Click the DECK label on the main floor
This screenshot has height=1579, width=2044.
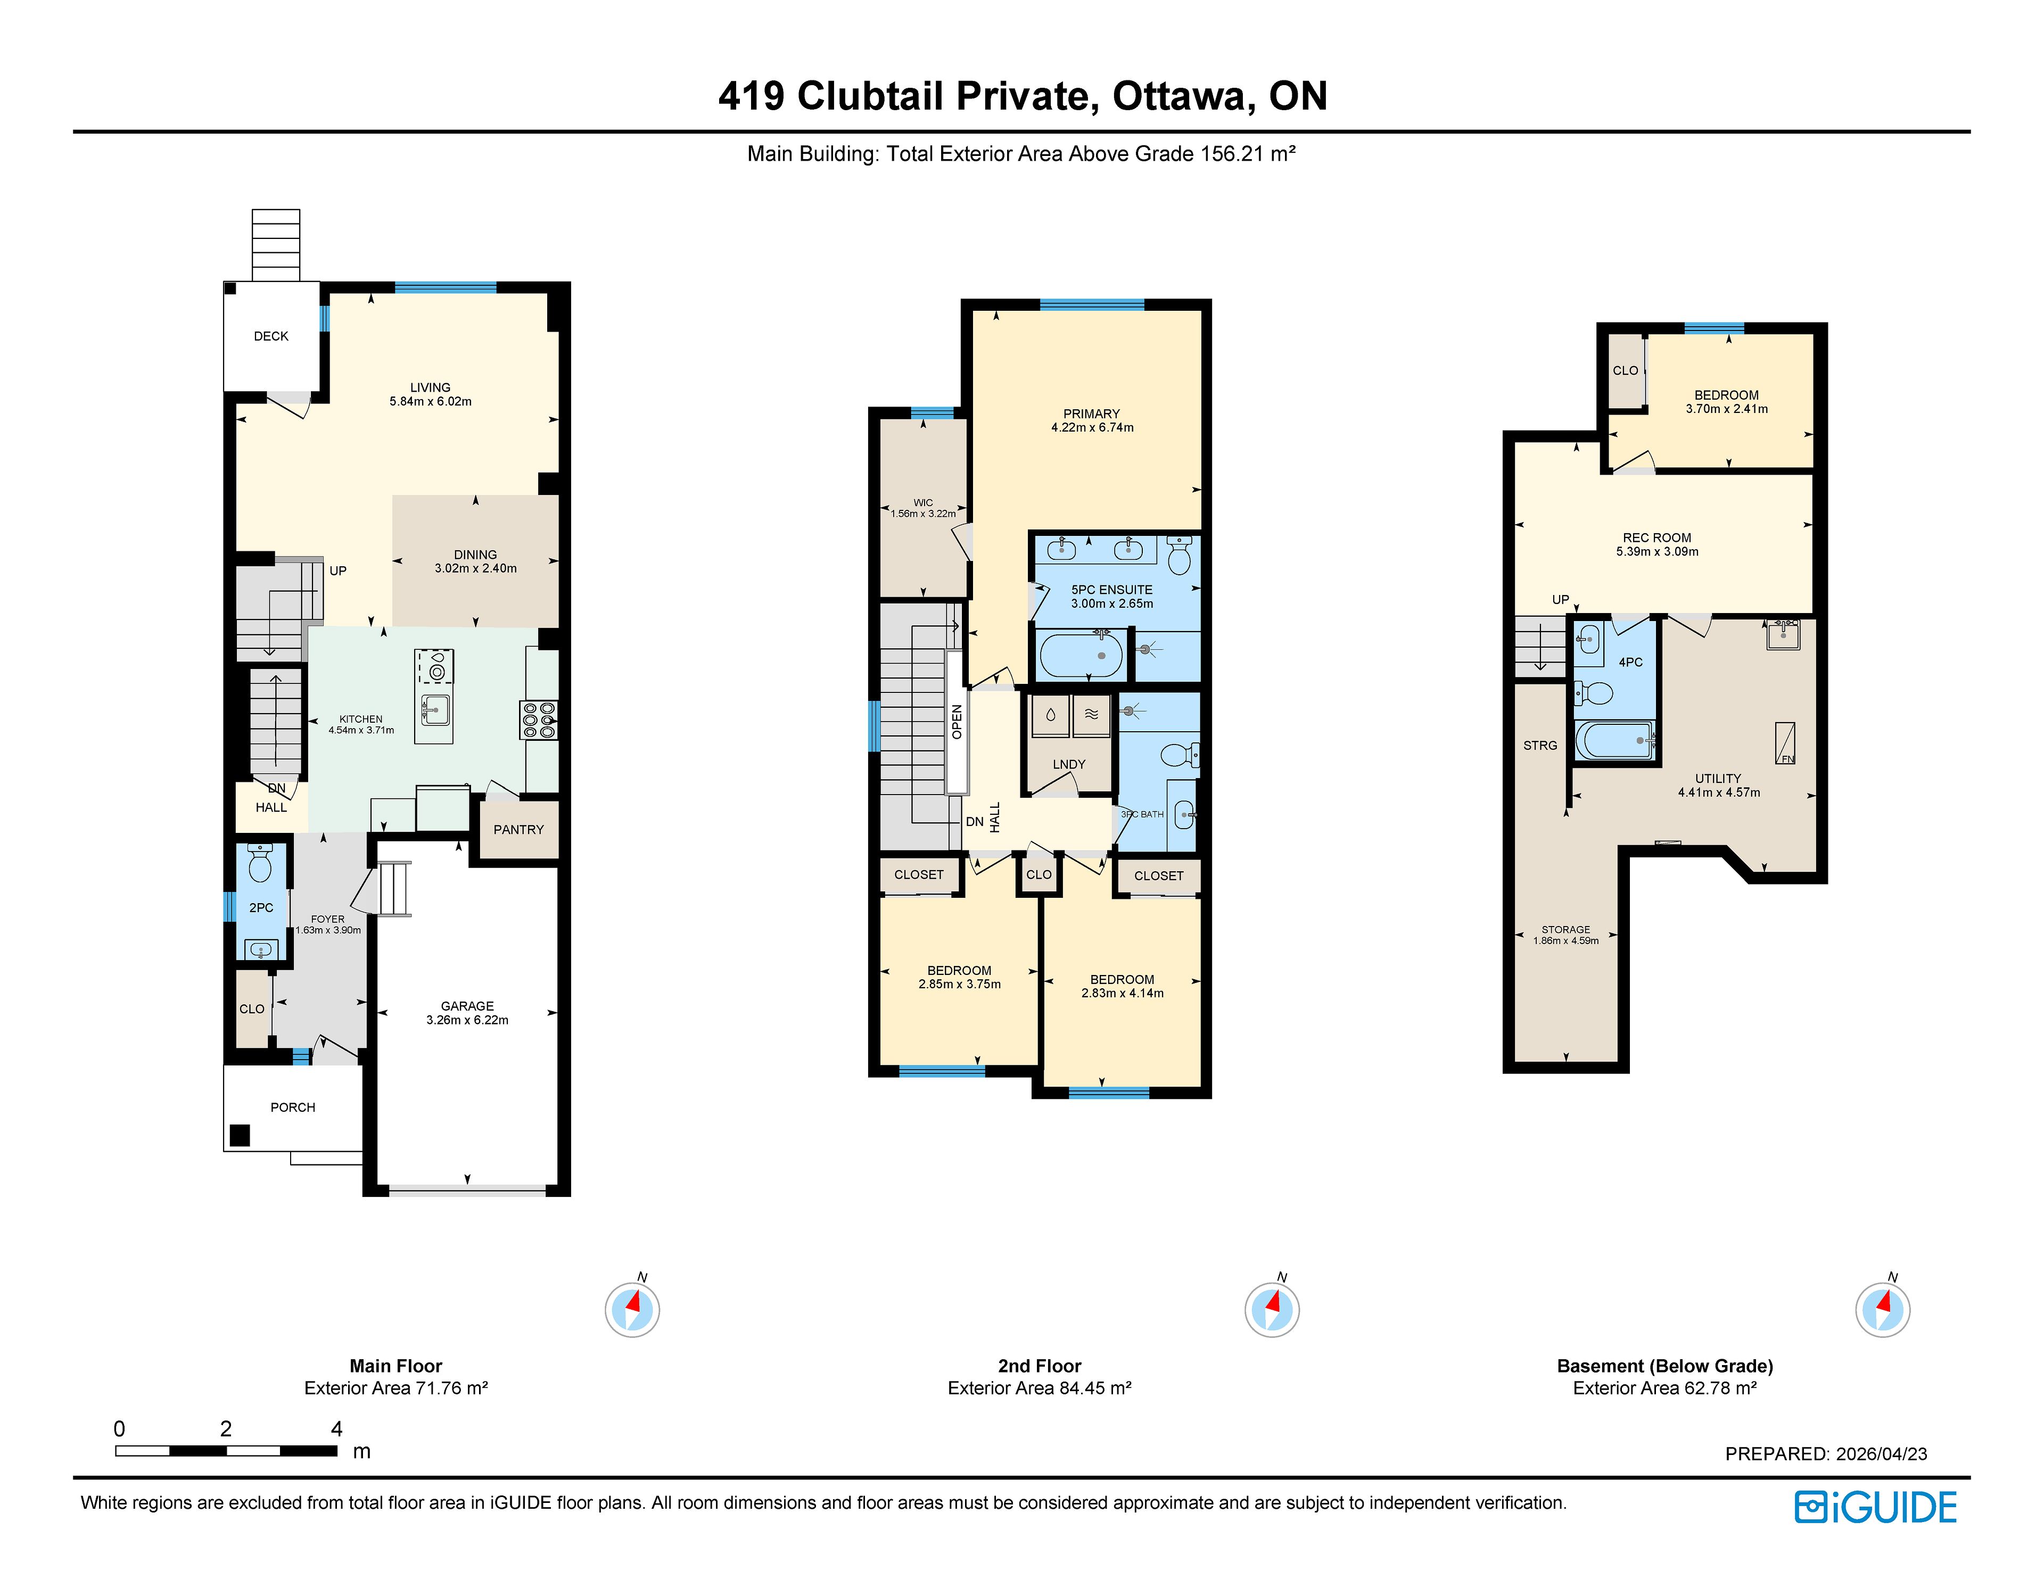(271, 336)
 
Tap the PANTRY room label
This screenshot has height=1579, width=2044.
(518, 829)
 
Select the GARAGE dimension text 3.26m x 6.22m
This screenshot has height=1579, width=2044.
(467, 1020)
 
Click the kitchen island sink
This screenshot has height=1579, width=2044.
(435, 710)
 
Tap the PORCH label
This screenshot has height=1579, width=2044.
(293, 1107)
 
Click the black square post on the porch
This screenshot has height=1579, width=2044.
(241, 1135)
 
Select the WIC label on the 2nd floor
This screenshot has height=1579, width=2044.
(923, 502)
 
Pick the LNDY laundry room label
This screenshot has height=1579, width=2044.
(1069, 764)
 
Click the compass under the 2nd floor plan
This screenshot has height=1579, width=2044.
(1272, 1309)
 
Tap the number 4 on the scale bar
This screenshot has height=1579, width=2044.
(337, 1428)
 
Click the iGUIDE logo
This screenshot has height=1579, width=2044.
(1876, 1507)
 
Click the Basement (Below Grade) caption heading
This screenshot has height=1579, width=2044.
(1665, 1366)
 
